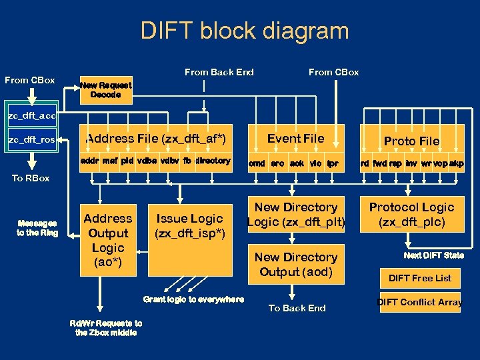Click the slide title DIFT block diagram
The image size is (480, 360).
245,31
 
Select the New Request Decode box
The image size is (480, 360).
105,90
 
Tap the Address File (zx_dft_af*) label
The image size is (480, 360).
156,139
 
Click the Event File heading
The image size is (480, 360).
295,138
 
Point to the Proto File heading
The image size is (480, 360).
411,141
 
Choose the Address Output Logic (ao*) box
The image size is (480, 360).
107,240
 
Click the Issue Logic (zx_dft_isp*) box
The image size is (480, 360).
190,225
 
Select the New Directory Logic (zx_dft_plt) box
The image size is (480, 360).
295,215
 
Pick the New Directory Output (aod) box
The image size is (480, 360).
295,264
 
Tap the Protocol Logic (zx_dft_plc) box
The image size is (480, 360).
411,215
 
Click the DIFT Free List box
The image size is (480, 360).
420,278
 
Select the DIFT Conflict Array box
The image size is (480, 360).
420,302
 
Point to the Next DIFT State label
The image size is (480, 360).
433,255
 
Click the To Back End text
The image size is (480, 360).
297,308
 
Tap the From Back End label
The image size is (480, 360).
219,72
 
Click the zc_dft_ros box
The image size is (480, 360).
31,140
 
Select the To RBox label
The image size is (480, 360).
30,178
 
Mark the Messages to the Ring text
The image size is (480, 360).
37,228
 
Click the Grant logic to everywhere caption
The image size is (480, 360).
193,299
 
